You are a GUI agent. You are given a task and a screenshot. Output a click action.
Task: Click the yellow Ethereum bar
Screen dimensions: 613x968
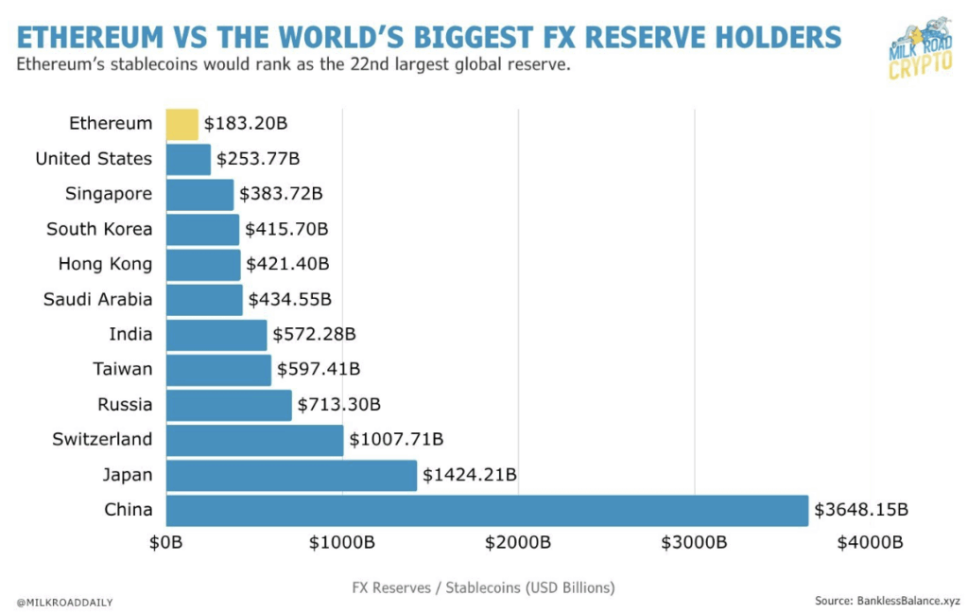(182, 124)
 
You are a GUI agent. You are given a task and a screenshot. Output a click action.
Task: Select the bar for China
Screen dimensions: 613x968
(487, 511)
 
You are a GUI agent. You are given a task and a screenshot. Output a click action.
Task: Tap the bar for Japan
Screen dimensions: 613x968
(291, 476)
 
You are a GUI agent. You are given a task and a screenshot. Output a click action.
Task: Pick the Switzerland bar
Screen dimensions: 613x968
(254, 440)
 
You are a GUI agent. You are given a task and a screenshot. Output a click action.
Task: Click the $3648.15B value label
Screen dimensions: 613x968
(861, 511)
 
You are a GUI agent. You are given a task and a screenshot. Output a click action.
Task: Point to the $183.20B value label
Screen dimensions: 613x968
(248, 124)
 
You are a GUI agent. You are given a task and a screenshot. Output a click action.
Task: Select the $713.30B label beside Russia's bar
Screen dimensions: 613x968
(338, 405)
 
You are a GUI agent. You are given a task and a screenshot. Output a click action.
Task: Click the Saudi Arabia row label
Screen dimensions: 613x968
(97, 300)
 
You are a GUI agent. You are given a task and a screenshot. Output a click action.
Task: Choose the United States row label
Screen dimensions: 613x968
(94, 159)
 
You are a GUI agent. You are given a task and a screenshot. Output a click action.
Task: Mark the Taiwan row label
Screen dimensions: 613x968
(122, 370)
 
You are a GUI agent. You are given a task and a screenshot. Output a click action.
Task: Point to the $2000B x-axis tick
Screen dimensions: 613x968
(518, 543)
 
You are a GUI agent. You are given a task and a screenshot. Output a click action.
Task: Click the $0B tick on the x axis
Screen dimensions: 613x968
(166, 543)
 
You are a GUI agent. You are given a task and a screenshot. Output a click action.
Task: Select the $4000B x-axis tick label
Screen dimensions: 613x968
(870, 543)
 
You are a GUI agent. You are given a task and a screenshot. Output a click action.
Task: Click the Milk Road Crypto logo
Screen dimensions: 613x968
(913, 49)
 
